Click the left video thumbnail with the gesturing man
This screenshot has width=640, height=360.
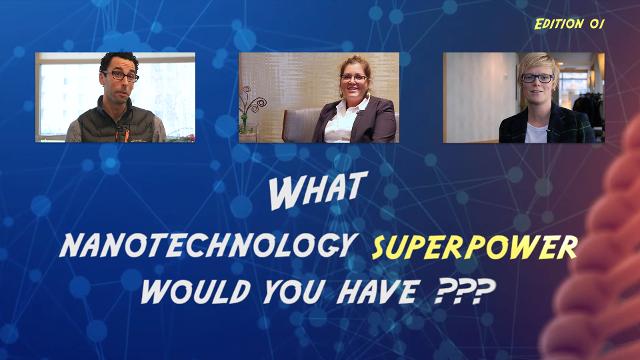point(115,97)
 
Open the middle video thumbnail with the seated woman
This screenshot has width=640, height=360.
point(318,97)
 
